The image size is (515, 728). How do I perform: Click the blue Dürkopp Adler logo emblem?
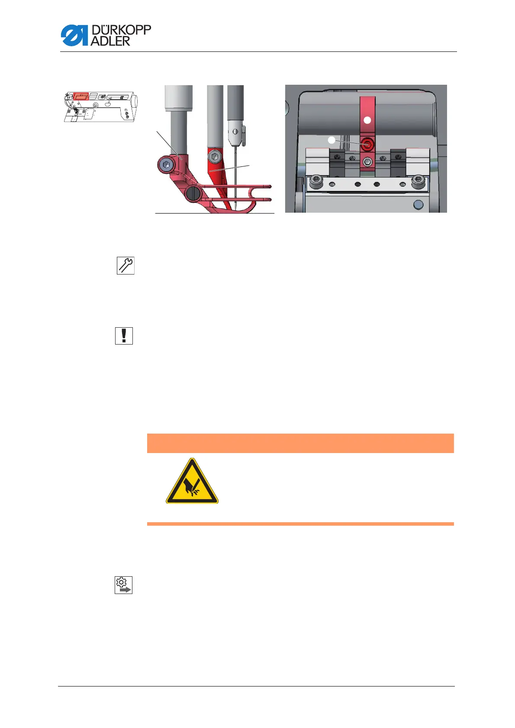74,35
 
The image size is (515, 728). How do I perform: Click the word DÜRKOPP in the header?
121,30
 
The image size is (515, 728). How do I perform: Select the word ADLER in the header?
110,41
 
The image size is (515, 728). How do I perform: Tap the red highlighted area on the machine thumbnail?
80,96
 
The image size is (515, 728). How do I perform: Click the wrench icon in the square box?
126,265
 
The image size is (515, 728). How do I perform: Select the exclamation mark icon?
124,335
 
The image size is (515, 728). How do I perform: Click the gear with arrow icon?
123,585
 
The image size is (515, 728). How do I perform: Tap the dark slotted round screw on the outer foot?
193,194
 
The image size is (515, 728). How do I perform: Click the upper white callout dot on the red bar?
367,120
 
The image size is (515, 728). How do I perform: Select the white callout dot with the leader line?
331,140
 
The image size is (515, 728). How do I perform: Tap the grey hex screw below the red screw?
367,162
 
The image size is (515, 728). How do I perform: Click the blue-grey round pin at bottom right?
418,204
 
